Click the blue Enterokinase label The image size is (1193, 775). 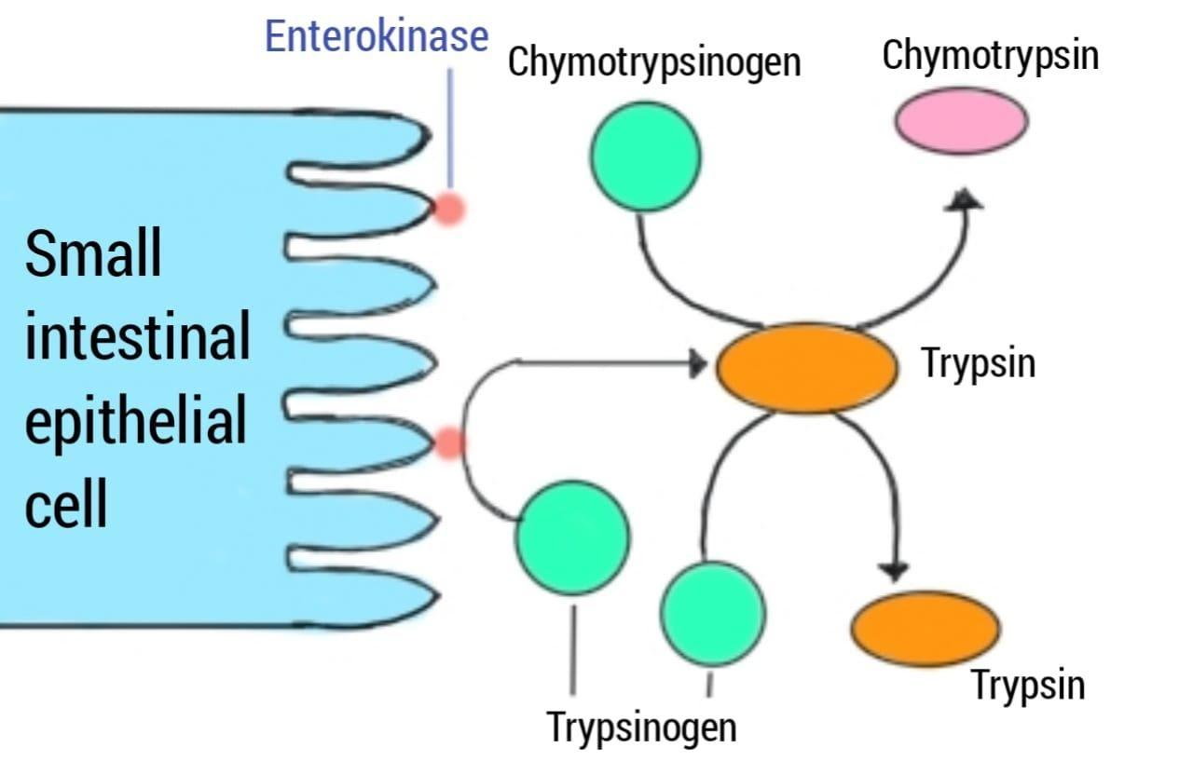click(377, 36)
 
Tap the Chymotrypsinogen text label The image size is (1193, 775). click(654, 62)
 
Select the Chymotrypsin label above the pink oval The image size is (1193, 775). click(990, 55)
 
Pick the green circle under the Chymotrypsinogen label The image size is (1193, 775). click(645, 156)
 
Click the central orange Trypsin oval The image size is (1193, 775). click(806, 368)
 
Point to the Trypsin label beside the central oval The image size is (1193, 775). click(979, 362)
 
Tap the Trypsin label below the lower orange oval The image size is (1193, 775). click(1029, 685)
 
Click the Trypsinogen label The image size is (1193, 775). click(641, 726)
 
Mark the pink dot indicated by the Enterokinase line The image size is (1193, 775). click(449, 210)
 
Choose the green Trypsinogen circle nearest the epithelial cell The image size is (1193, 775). click(573, 537)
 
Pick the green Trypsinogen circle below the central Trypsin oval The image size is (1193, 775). click(712, 613)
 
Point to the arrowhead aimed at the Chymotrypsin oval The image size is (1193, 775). click(966, 197)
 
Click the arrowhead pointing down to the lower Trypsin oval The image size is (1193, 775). click(896, 570)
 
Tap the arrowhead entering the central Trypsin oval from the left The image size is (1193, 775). click(697, 364)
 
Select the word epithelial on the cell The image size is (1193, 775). click(136, 421)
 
